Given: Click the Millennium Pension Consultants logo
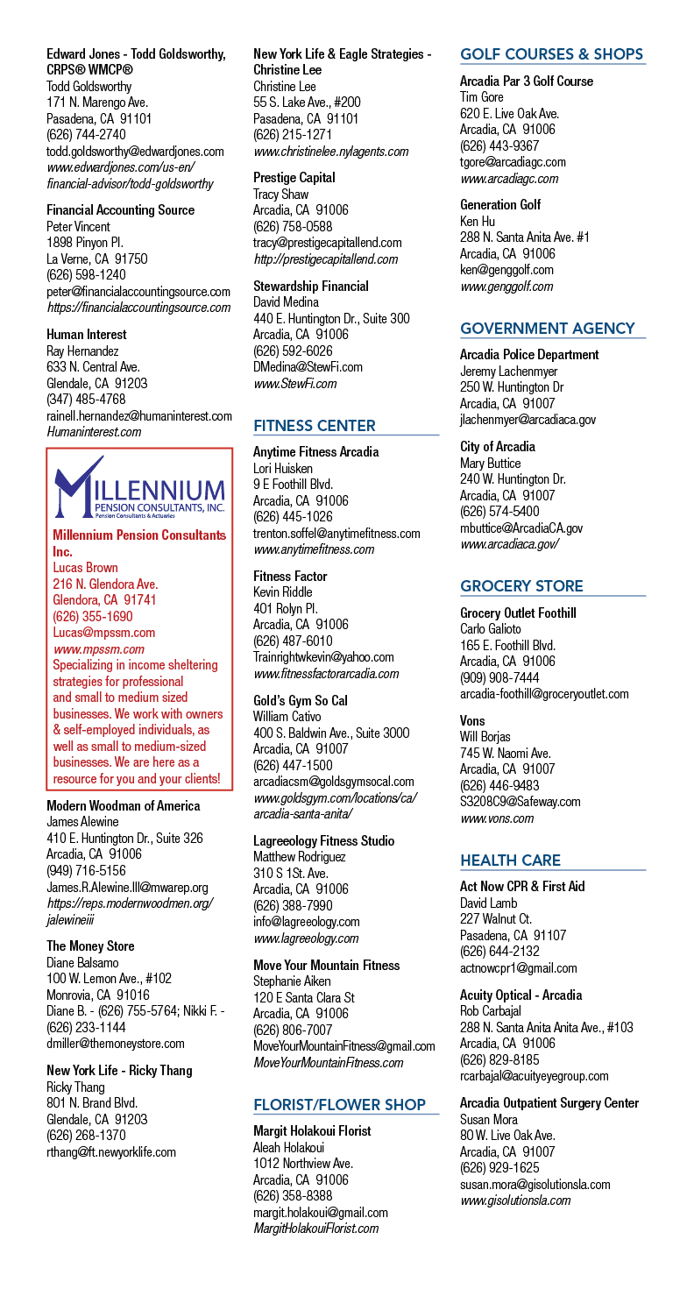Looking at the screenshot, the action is [139, 487].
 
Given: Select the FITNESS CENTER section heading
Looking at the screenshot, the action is [315, 426].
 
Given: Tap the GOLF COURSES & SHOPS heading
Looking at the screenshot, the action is [551, 54].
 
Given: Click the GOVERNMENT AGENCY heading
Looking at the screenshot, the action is [548, 329].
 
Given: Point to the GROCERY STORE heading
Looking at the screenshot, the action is [521, 586].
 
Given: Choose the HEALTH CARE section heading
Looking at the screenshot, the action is [510, 861].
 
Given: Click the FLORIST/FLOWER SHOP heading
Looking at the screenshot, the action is [339, 1105].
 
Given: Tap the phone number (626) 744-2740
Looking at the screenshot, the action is [87, 135].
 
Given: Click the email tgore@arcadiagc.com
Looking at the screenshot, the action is [513, 162].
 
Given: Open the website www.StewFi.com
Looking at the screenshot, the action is [295, 384].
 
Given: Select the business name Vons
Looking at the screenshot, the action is [472, 720].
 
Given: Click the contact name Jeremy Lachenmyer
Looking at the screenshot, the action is [509, 372].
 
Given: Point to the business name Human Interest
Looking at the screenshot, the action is [87, 335].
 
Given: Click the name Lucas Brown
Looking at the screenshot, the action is [85, 568].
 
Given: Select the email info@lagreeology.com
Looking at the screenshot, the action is [306, 922].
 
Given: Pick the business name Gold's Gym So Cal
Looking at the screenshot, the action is [301, 700].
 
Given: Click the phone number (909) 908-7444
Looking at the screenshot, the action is [499, 678].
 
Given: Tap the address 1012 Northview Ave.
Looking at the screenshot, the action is [303, 1164].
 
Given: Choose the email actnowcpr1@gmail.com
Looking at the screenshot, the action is [519, 968].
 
